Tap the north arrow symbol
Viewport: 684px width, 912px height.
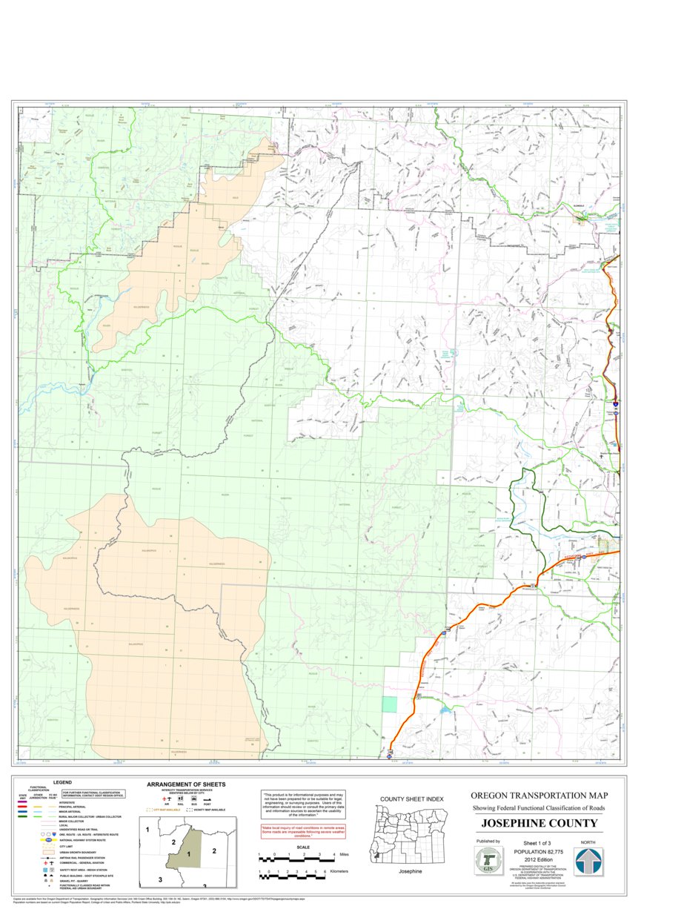(589, 861)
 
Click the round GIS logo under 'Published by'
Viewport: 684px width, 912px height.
(488, 861)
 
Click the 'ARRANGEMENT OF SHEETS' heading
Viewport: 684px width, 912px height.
(186, 784)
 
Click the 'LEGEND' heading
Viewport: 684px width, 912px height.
(62, 782)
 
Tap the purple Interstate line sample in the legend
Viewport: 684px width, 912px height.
(22, 802)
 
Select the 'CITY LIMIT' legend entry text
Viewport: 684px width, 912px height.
(67, 845)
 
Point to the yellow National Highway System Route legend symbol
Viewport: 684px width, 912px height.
(48, 840)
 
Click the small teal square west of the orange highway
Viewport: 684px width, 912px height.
(389, 705)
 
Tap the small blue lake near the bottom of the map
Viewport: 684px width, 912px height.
(444, 710)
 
